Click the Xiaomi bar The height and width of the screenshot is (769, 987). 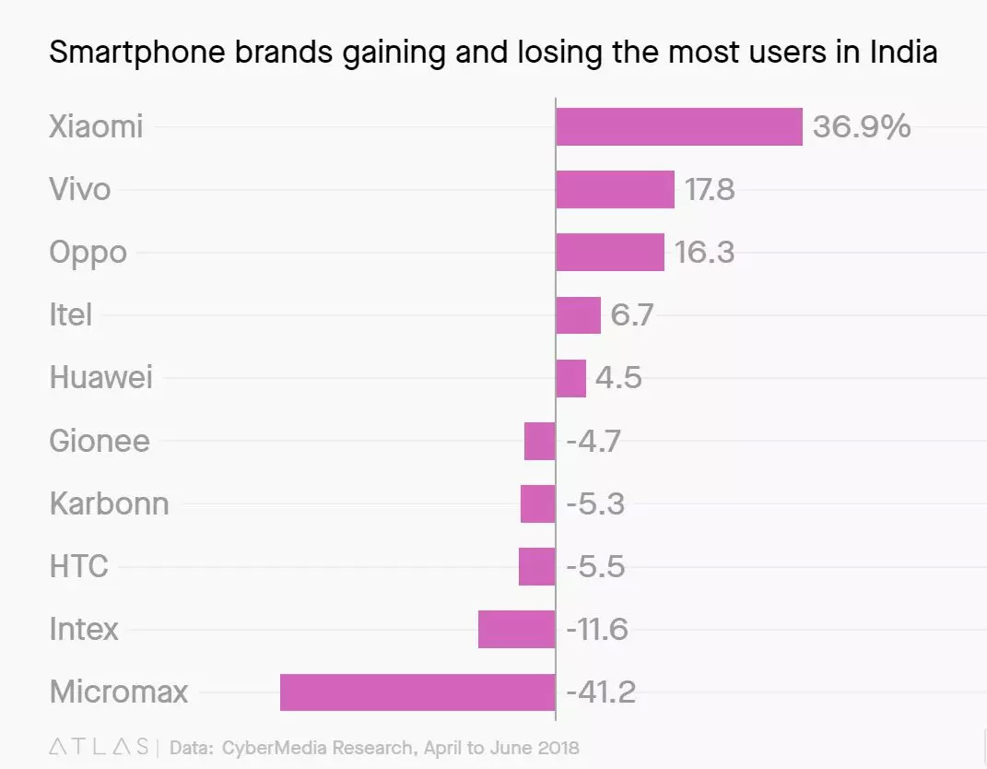[678, 126]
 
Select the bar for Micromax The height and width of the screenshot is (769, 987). [417, 692]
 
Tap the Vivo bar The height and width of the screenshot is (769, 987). [615, 189]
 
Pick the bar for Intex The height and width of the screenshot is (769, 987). [516, 629]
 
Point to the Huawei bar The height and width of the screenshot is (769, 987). [570, 378]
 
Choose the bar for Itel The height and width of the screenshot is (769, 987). [578, 315]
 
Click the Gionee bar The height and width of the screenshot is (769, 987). [539, 441]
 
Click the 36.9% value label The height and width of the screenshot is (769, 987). [862, 126]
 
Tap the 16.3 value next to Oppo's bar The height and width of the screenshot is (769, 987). [704, 252]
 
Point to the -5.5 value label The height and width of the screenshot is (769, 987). [595, 566]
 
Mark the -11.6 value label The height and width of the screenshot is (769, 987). [596, 629]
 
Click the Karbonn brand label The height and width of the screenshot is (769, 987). [109, 503]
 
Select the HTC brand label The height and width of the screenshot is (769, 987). [78, 566]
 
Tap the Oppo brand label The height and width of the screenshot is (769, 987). [88, 253]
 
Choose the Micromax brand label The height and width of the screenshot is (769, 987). [118, 692]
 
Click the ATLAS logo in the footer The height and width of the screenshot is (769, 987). [99, 746]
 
